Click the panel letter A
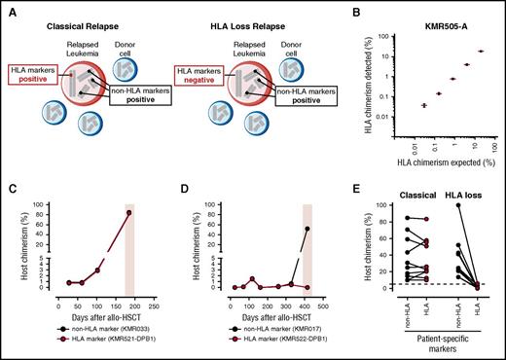coord(8,8)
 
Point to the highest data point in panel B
coord(480,52)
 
